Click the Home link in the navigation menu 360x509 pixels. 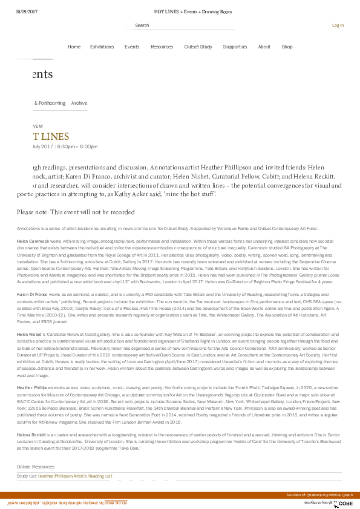click(x=74, y=47)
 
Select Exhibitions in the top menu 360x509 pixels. click(x=102, y=47)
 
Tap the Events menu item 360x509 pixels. click(x=132, y=47)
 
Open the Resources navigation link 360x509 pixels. click(x=162, y=47)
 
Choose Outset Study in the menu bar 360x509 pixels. click(x=198, y=47)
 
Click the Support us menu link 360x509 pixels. click(x=235, y=47)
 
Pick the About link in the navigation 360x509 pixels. click(x=264, y=47)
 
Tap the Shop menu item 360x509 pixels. click(x=287, y=47)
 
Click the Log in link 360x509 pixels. click(x=338, y=25)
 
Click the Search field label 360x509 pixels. click(x=142, y=25)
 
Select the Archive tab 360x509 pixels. click(x=79, y=103)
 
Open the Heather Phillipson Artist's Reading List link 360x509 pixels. click(x=75, y=476)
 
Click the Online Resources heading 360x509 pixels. click(x=36, y=467)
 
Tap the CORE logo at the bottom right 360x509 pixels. click(x=345, y=503)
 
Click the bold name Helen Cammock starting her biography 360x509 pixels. click(x=33, y=241)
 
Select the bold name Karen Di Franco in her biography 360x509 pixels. click(x=32, y=294)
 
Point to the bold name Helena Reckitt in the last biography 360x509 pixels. click(x=31, y=435)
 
